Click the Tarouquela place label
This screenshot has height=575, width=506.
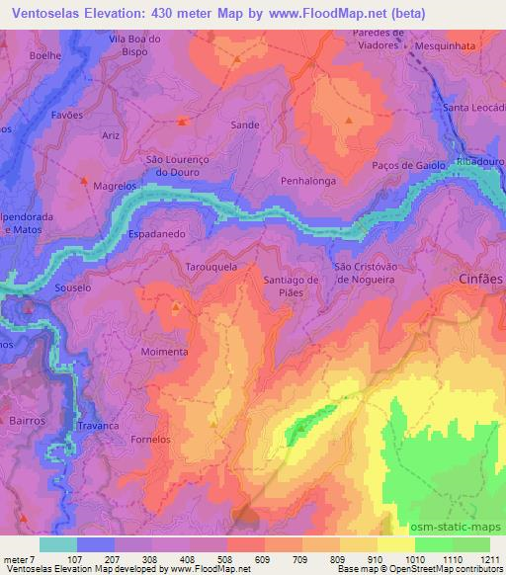[211, 268]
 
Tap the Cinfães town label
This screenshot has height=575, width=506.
[480, 280]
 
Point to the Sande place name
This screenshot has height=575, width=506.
[244, 125]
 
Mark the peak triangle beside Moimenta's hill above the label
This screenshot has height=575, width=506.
[176, 308]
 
